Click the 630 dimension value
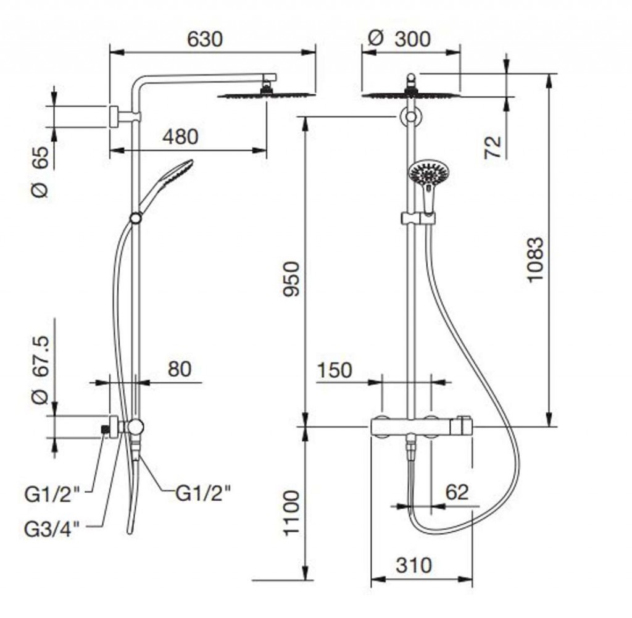point(205,40)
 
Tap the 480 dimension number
point(180,136)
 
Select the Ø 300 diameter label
point(399,39)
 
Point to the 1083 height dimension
point(536,260)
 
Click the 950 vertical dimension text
point(291,279)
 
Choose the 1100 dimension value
point(291,513)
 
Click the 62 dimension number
point(457,492)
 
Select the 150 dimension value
point(335,370)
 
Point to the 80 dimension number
point(180,369)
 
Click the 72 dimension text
point(493,147)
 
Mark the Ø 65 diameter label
point(40,172)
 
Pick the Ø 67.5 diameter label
point(40,370)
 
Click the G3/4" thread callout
point(52,530)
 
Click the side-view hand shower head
point(176,173)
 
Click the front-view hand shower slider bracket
point(418,218)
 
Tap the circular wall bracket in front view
point(410,117)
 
